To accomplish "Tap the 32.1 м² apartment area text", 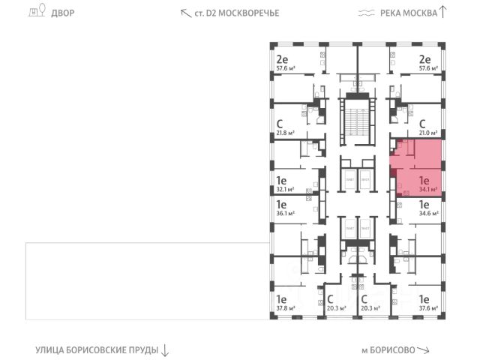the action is click(x=284, y=190).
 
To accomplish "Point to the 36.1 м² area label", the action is click(x=284, y=213).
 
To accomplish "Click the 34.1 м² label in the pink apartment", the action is click(x=429, y=190).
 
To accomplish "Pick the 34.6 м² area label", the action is click(x=427, y=213).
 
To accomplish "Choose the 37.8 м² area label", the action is click(x=284, y=307).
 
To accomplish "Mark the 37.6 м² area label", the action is click(x=427, y=307).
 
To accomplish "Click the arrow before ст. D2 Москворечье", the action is click(x=185, y=13).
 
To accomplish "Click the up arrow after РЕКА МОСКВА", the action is click(x=442, y=11).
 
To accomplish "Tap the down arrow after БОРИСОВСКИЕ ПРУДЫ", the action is click(x=166, y=350).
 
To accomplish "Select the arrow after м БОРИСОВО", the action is click(x=424, y=350).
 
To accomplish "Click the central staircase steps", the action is click(x=355, y=120).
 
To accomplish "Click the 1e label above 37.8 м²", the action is click(x=282, y=297).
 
